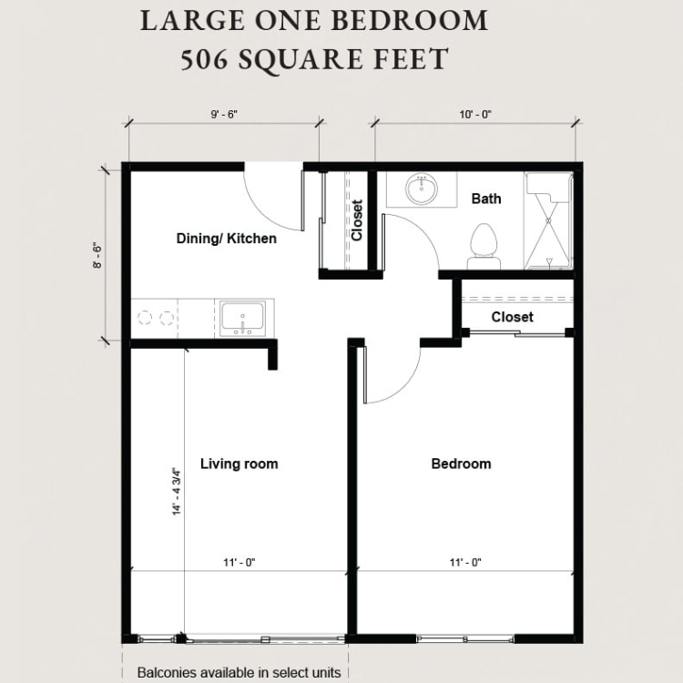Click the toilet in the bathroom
pyautogui.click(x=484, y=247)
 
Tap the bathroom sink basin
pyautogui.click(x=422, y=189)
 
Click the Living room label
pyautogui.click(x=240, y=464)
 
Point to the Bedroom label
pyautogui.click(x=462, y=464)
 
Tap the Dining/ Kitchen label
pyautogui.click(x=227, y=239)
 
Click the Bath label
pyautogui.click(x=486, y=199)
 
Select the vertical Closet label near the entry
pyautogui.click(x=357, y=220)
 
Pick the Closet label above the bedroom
pyautogui.click(x=512, y=317)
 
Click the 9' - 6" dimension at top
pyautogui.click(x=224, y=115)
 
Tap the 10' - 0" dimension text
pyautogui.click(x=475, y=115)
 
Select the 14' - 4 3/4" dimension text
pyautogui.click(x=177, y=492)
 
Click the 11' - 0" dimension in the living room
pyautogui.click(x=240, y=563)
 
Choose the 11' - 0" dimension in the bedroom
pyautogui.click(x=465, y=563)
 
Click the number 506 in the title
pyautogui.click(x=204, y=60)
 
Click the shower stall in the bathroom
pyautogui.click(x=548, y=220)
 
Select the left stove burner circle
pyautogui.click(x=145, y=318)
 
